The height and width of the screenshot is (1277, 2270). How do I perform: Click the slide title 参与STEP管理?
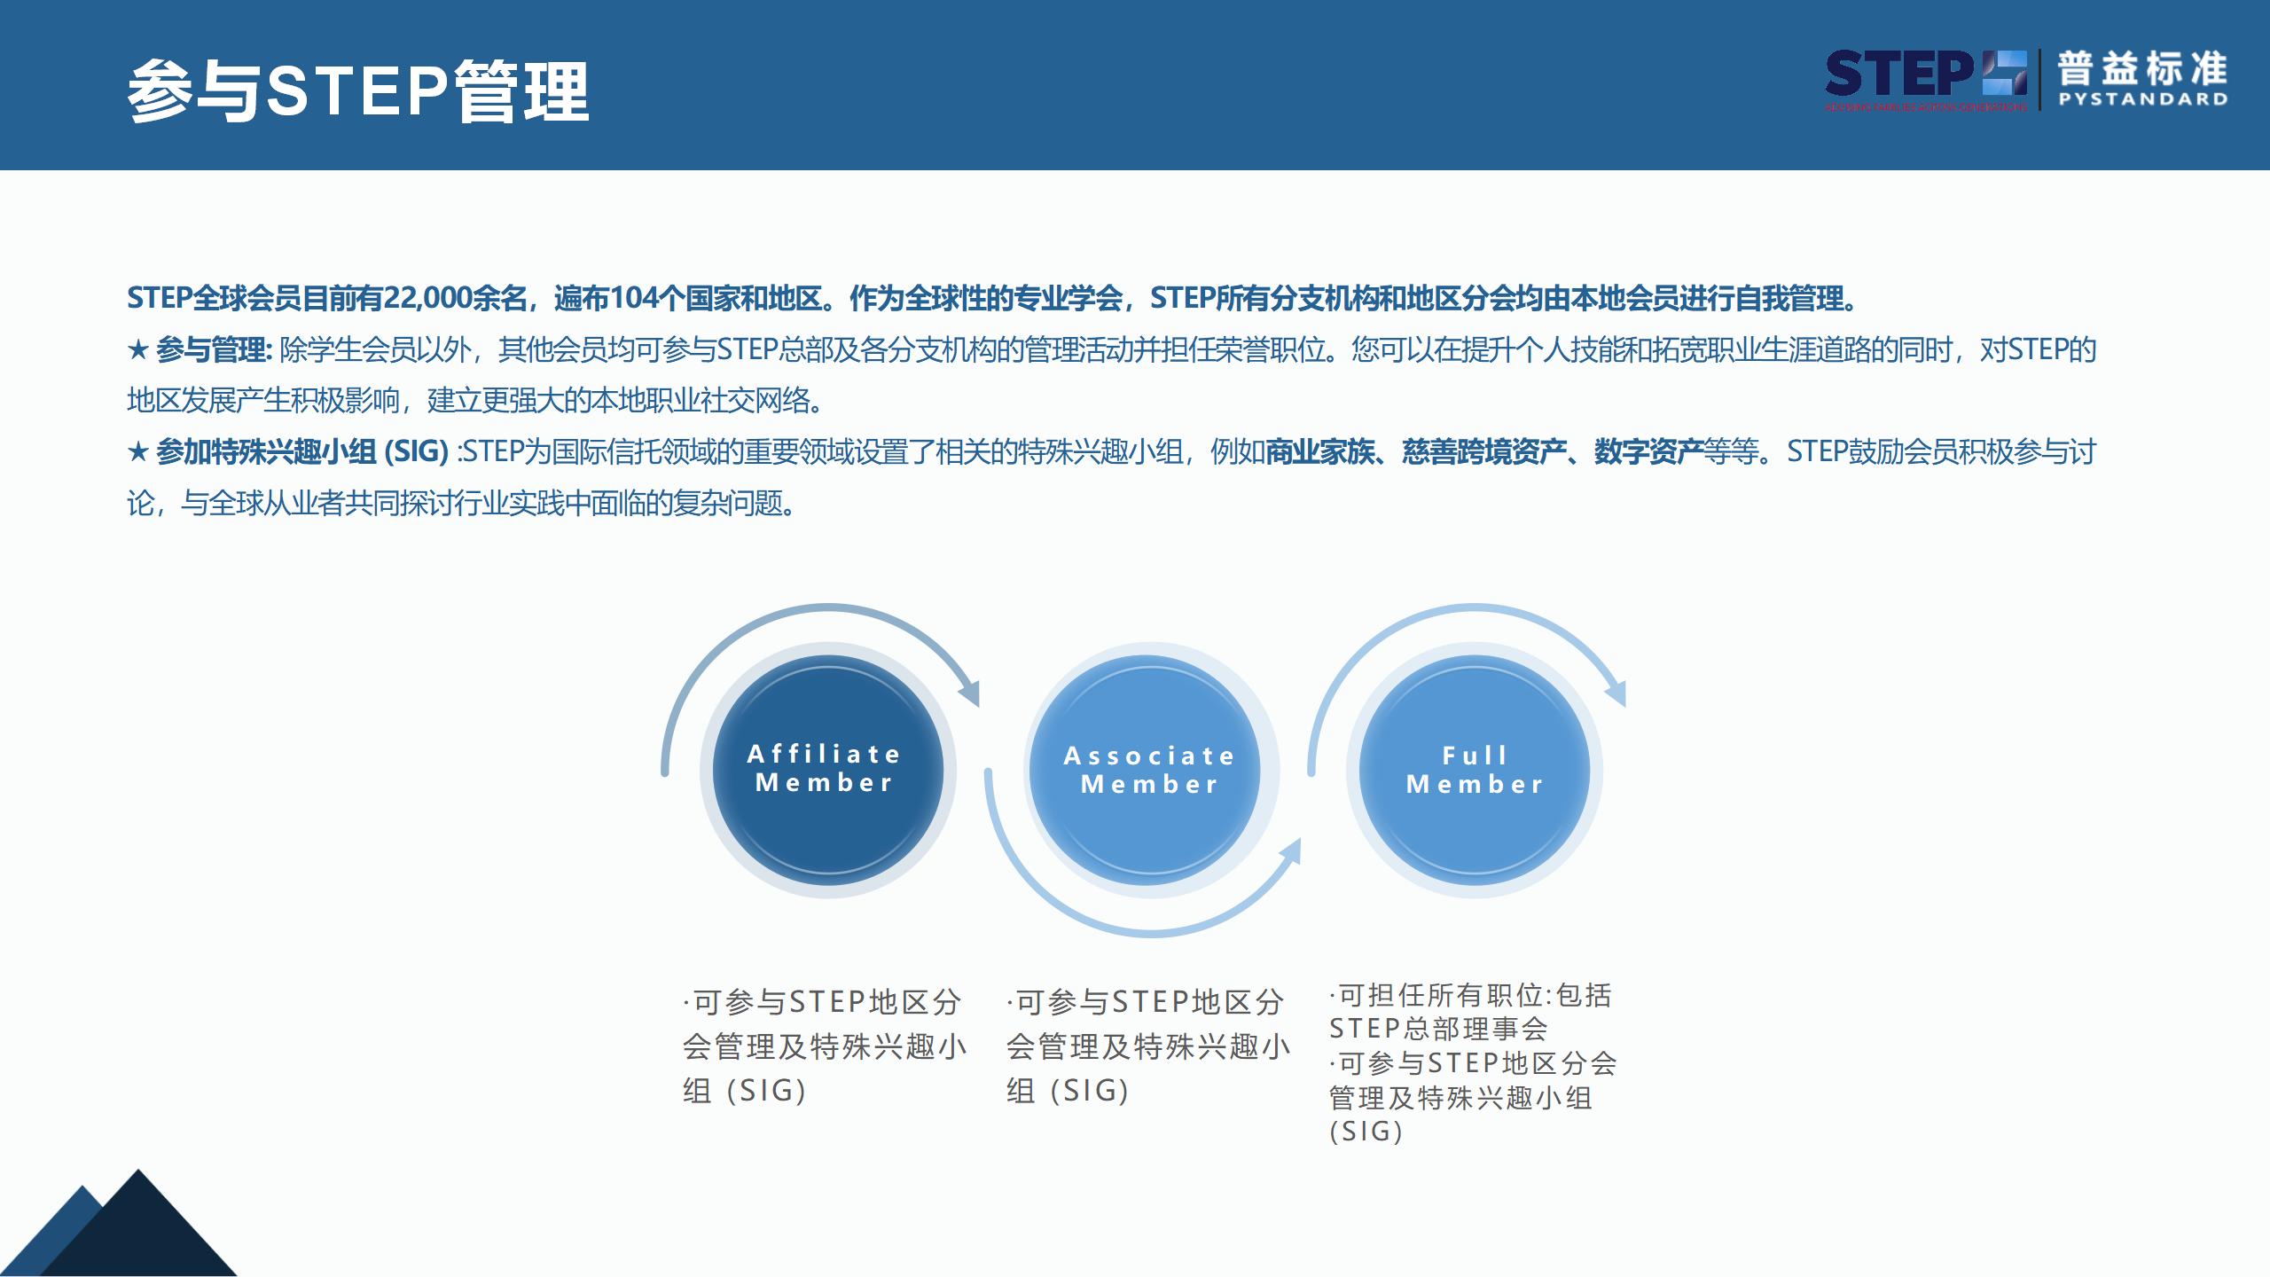357,91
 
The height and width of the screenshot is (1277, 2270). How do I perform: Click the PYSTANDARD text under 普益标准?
2142,99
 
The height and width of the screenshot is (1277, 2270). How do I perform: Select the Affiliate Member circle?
827,769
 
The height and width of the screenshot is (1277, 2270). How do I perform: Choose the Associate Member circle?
1150,769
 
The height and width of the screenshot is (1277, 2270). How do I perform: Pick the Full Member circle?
1474,769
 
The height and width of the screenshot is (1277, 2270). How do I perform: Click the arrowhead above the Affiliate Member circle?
970,693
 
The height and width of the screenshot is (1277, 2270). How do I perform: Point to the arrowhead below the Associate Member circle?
1291,851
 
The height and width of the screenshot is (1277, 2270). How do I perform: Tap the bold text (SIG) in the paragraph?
415,452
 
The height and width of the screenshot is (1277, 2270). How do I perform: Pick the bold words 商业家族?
1319,452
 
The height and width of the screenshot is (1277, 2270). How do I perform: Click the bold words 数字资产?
1648,452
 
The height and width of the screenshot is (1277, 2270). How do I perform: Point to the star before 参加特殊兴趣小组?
137,452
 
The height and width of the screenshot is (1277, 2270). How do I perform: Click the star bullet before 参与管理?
137,350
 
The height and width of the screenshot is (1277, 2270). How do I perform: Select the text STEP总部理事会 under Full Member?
1438,1029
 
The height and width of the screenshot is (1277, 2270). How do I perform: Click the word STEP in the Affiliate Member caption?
826,1002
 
